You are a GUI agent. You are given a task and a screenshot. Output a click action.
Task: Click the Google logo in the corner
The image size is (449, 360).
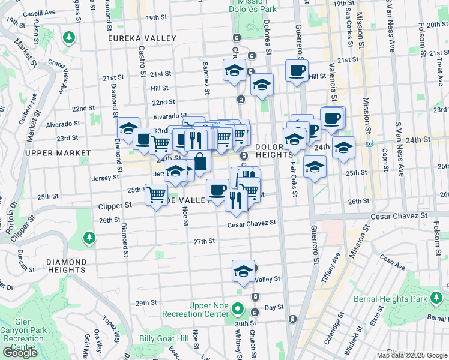coord(20,353)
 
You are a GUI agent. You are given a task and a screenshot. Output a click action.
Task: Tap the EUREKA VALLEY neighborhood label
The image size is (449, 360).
coord(142,38)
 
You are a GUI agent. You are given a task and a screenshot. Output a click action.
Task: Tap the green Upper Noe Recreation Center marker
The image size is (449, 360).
coord(238,310)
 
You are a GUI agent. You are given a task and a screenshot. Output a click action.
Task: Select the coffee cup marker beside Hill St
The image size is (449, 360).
coord(297,71)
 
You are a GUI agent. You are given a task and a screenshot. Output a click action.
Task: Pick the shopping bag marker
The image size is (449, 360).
coord(199,161)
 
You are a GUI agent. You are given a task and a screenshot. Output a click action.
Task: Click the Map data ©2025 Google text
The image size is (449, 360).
coord(412,355)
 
